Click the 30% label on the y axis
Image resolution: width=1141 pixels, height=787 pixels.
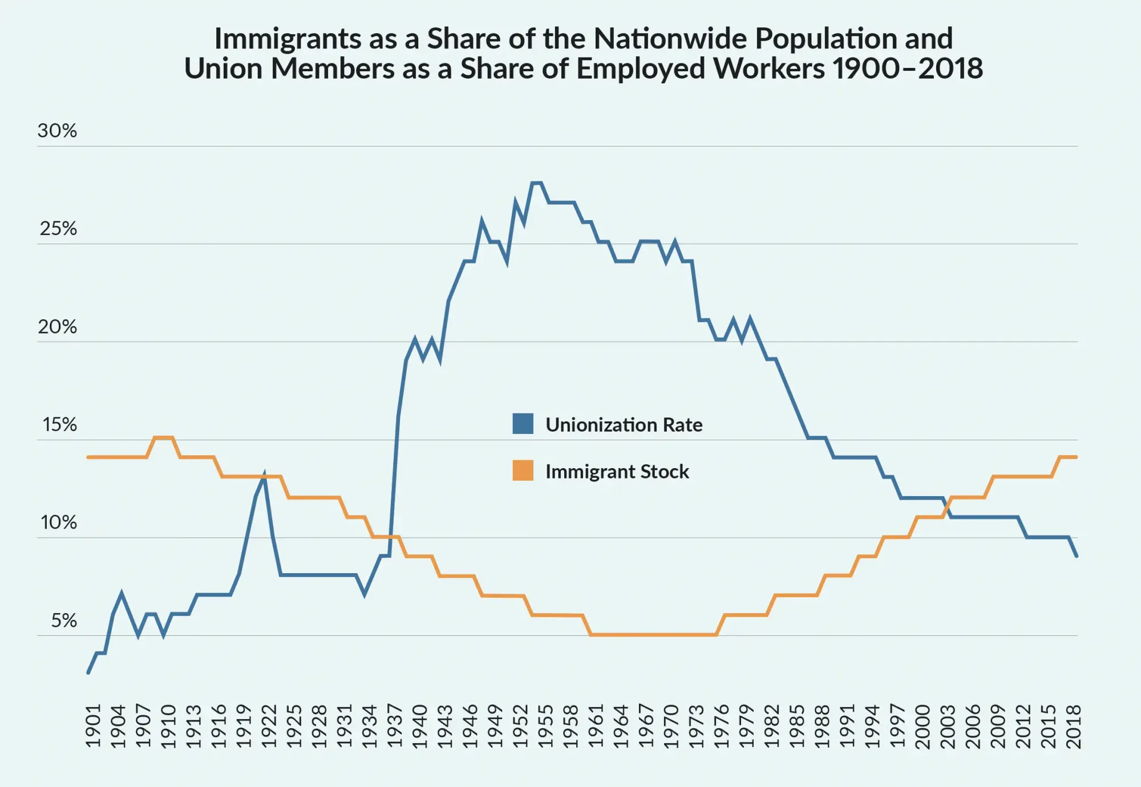point(57,131)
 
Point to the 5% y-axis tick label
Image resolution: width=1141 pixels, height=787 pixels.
point(64,620)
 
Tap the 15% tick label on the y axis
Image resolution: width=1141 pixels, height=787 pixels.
point(59,425)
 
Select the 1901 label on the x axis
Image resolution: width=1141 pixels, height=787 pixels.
point(93,725)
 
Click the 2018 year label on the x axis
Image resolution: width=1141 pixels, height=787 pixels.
point(1074,725)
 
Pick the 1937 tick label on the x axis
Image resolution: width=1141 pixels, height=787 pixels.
point(395,725)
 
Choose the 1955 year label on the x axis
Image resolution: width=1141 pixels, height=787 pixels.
point(546,725)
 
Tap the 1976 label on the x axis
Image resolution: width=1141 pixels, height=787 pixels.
point(722,725)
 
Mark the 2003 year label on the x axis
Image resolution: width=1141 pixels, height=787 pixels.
point(948,725)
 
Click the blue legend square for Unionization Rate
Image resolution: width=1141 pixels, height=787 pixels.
point(523,424)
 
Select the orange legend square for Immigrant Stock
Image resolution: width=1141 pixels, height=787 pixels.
point(523,470)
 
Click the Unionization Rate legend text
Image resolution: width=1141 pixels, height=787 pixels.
point(624,425)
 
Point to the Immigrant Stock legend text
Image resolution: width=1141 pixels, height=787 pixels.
point(617,472)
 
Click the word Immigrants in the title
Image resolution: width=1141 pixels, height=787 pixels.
point(288,39)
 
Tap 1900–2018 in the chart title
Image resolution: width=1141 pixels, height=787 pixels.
point(907,68)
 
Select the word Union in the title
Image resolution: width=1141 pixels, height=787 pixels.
point(224,68)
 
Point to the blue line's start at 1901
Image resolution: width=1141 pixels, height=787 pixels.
point(88,672)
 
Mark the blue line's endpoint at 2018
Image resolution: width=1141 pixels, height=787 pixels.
point(1077,555)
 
